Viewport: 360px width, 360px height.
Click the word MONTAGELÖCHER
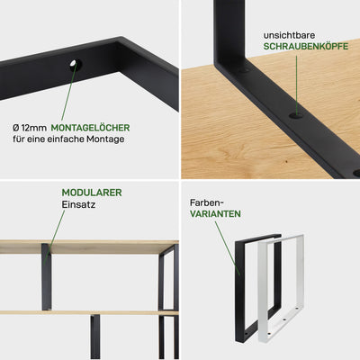click(x=90, y=128)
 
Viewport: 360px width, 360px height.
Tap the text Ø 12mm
click(x=30, y=128)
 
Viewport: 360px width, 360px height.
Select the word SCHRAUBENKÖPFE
click(x=306, y=46)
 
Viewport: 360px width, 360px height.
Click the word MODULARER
click(x=92, y=193)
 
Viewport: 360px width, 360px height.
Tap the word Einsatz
click(x=78, y=204)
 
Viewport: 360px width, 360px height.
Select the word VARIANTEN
click(x=215, y=214)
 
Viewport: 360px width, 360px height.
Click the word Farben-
click(x=207, y=202)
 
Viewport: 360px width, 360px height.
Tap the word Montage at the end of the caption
click(x=105, y=139)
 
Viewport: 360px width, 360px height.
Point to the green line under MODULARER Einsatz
click(x=54, y=237)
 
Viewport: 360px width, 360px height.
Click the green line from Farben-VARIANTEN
click(x=228, y=248)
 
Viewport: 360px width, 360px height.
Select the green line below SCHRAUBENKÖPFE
click(x=297, y=85)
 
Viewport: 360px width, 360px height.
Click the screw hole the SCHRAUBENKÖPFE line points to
click(x=296, y=115)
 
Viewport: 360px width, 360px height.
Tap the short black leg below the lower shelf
click(x=95, y=337)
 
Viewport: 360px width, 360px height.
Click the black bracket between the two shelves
click(x=46, y=276)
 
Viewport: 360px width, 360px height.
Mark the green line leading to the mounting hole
click(x=68, y=92)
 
